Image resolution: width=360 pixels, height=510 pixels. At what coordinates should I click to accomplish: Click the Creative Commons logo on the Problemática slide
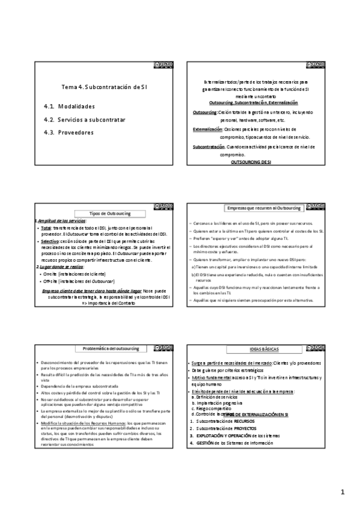point(164,348)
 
